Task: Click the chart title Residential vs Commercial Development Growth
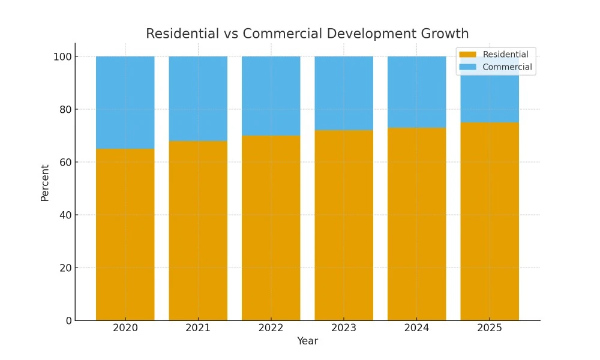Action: tap(307, 34)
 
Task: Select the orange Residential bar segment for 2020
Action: tap(125, 234)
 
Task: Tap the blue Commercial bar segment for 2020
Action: tap(125, 102)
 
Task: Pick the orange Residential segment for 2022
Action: tap(271, 228)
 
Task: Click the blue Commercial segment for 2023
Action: tap(344, 93)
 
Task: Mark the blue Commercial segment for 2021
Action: tap(198, 98)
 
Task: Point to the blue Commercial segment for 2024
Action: tap(416, 92)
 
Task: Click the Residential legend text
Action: tap(505, 55)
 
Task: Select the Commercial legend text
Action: tap(507, 67)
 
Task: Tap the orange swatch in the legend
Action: tap(468, 55)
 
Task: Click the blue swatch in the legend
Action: tap(468, 67)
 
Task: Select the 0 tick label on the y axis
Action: tap(68, 320)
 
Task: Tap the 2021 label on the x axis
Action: tap(198, 328)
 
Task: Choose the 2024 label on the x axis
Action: tap(416, 328)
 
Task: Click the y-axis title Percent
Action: tap(45, 182)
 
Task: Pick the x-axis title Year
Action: tap(307, 341)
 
